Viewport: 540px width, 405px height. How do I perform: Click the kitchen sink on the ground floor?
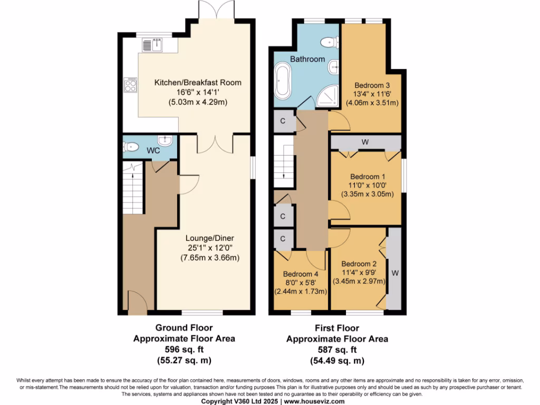(x=153, y=46)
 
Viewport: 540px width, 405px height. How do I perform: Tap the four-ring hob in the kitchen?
(x=130, y=85)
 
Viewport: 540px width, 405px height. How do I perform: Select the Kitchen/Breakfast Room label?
(x=198, y=82)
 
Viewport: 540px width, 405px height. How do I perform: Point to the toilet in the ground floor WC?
(x=131, y=147)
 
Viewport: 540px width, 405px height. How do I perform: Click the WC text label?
(x=153, y=150)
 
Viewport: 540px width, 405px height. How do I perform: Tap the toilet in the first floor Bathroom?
(x=329, y=42)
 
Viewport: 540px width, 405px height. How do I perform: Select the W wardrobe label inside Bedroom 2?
(x=394, y=274)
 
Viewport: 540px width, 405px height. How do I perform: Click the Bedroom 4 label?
(x=301, y=274)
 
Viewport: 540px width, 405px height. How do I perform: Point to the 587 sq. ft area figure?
(x=337, y=350)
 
